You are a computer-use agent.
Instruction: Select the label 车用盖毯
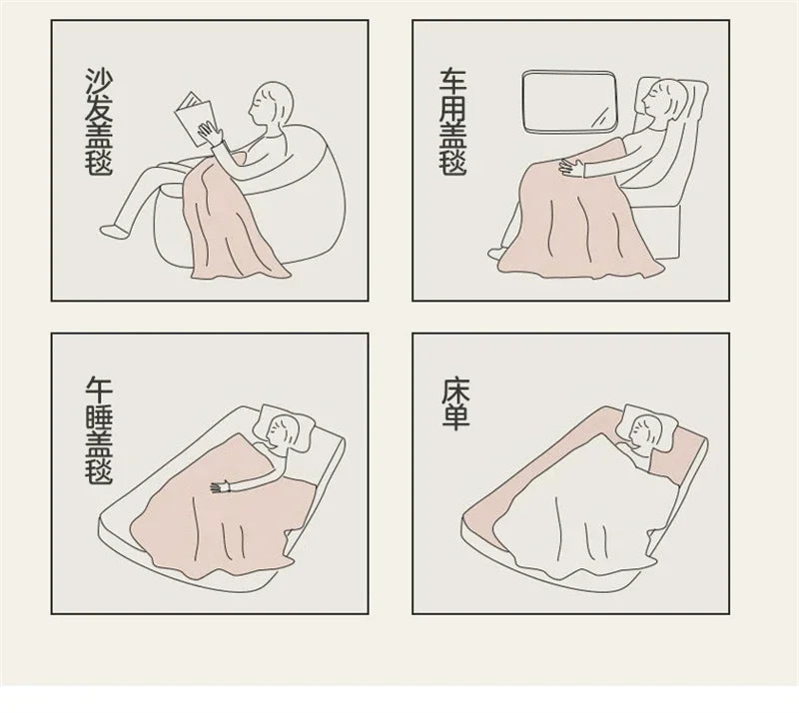point(453,123)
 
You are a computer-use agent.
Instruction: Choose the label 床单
point(455,403)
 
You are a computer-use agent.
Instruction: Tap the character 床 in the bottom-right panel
point(455,387)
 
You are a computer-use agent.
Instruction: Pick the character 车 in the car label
point(453,82)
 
